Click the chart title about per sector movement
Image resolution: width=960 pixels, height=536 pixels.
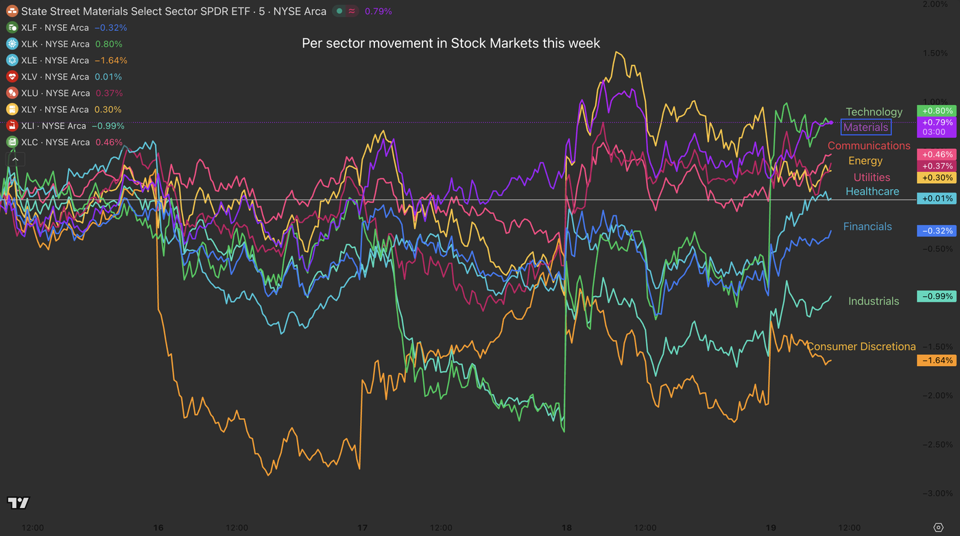[x=451, y=43]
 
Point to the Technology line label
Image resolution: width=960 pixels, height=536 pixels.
[x=874, y=112]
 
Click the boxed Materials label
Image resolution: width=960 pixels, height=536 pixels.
[x=865, y=127]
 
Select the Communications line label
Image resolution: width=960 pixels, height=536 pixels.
[x=868, y=145]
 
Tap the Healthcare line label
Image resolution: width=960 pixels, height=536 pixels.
[x=872, y=191]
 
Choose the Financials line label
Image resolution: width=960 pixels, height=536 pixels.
[x=867, y=226]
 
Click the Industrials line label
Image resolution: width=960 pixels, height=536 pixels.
[x=873, y=301]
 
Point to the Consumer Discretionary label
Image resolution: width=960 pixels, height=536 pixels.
[x=861, y=346]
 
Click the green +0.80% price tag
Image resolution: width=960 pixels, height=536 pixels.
[x=937, y=111]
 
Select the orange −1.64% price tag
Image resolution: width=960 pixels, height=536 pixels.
[x=937, y=361]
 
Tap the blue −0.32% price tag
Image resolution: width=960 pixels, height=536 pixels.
[x=937, y=231]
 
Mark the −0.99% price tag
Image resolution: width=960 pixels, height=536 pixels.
[x=937, y=297]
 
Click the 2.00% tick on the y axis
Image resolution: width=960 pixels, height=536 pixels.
[x=935, y=4]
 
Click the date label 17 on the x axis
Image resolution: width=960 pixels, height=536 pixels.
[x=363, y=528]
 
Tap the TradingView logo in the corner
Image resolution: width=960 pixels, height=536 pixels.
[x=19, y=503]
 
